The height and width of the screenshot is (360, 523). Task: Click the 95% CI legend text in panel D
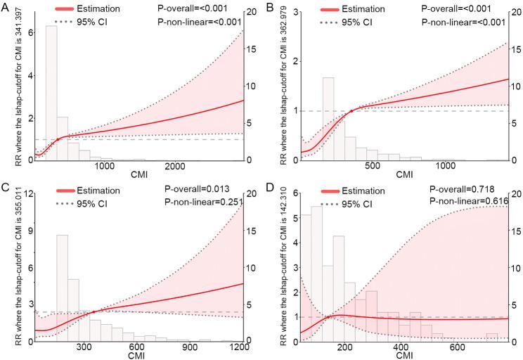pos(364,202)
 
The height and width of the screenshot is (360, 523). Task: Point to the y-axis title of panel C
pos(6,270)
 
